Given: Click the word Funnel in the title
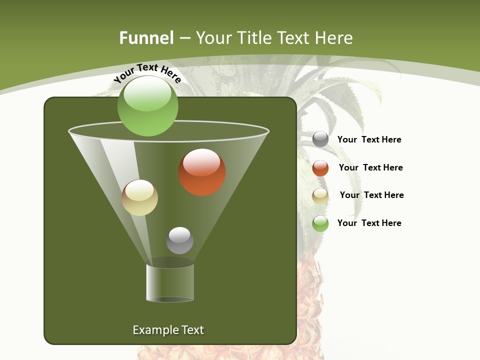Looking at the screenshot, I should click(x=146, y=38).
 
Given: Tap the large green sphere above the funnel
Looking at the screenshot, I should click(x=147, y=105).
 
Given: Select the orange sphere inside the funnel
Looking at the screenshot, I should click(x=201, y=172).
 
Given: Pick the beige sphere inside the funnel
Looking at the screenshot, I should click(x=139, y=197).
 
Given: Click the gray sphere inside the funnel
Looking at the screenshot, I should click(x=179, y=240).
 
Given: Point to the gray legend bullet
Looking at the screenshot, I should click(x=320, y=139).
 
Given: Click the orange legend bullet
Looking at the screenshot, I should click(x=320, y=168).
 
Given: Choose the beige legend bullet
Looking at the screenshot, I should click(x=320, y=196).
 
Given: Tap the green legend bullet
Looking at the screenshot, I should click(x=320, y=223).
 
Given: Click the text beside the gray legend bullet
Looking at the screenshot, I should click(x=369, y=139).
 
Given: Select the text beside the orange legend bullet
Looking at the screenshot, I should click(x=370, y=167).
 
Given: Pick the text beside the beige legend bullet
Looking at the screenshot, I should click(x=371, y=195).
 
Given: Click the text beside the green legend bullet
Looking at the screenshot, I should click(x=369, y=223).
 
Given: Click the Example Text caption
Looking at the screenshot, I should click(x=168, y=330).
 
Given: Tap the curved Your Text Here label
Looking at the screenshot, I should click(x=147, y=73).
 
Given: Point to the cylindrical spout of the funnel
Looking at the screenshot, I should click(x=170, y=283).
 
